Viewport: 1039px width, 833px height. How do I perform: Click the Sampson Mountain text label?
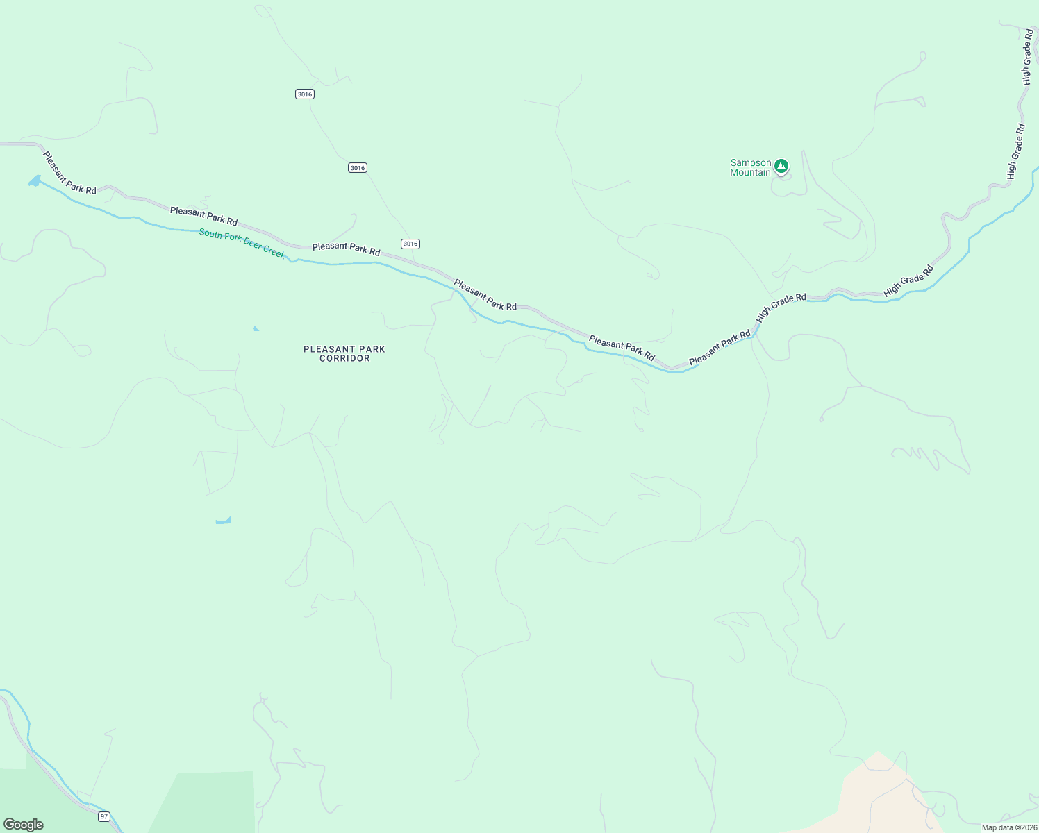[x=750, y=168]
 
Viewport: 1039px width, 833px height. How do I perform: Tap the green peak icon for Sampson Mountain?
[x=781, y=166]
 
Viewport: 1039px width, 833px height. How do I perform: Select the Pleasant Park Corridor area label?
[x=344, y=353]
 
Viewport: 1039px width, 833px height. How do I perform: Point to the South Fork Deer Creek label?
[x=242, y=244]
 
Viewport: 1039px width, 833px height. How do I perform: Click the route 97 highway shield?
[x=104, y=816]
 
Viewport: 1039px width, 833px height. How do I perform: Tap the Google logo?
[x=23, y=825]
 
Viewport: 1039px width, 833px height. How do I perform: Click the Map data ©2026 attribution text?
[x=1009, y=827]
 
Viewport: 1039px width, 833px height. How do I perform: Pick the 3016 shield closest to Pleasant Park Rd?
[x=410, y=244]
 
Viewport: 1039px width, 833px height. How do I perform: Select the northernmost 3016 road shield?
[x=304, y=94]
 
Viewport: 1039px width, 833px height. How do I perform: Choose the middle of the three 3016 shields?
[x=358, y=168]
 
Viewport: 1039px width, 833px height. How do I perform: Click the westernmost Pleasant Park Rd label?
[x=69, y=173]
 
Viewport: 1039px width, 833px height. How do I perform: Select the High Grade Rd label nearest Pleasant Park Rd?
[x=781, y=306]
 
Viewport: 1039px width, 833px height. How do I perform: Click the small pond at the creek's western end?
[x=34, y=181]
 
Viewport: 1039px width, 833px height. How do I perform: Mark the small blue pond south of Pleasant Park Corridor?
[x=224, y=520]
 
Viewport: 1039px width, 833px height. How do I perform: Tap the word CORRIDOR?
[x=344, y=359]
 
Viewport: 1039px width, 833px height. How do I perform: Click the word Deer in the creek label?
[x=253, y=246]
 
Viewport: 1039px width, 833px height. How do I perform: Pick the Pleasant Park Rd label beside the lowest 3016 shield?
[x=346, y=248]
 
